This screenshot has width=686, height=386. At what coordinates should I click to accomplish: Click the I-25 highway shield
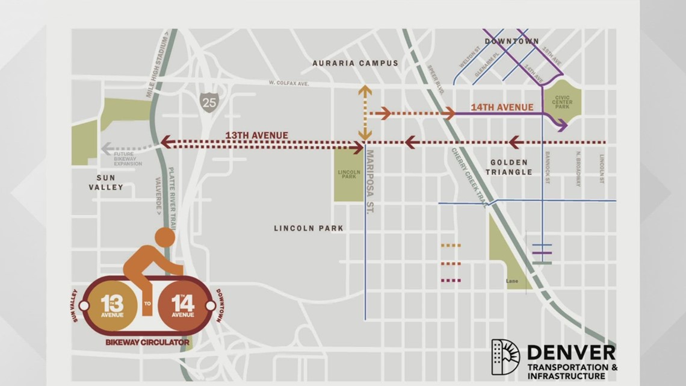(209, 101)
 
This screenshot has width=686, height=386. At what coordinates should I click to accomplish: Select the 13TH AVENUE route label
(257, 135)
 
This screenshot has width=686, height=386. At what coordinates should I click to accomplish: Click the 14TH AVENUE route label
(502, 107)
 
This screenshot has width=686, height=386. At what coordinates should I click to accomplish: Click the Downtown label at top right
(511, 42)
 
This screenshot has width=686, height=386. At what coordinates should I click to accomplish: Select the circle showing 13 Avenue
(111, 305)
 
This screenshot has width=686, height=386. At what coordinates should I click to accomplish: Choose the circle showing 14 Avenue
(183, 305)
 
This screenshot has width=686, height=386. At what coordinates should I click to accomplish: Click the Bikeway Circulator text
(147, 342)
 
